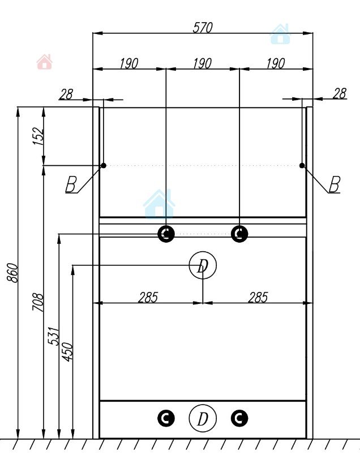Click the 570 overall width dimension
203,28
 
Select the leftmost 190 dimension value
129,63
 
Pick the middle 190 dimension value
203,63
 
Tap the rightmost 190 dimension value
276,63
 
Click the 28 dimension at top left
66,94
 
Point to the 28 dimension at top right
339,93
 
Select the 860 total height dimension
12,273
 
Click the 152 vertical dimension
38,136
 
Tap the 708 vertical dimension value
38,302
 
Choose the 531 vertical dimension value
54,336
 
